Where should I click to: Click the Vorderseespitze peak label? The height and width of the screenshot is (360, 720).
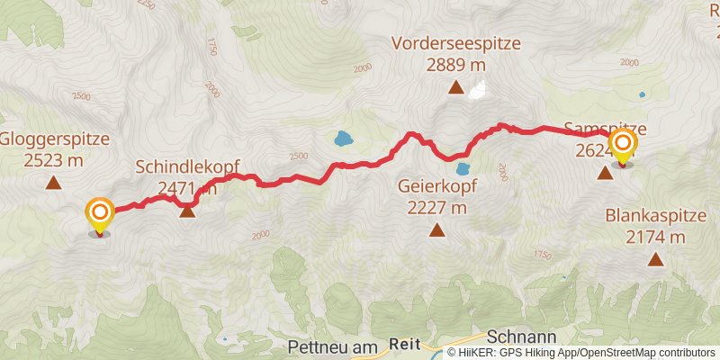click(456, 42)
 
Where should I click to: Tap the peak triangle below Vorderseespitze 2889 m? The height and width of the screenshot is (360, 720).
click(456, 88)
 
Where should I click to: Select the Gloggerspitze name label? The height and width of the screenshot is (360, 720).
click(54, 139)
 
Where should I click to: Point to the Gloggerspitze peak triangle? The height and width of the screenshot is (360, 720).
click(54, 184)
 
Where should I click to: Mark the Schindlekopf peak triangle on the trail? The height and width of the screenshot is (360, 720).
click(187, 211)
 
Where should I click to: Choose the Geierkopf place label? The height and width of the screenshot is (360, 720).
click(436, 186)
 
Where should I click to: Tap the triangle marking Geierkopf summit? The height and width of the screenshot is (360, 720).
click(436, 230)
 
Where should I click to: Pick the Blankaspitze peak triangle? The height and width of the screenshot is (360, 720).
click(655, 260)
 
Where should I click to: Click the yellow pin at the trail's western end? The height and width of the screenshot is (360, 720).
click(99, 216)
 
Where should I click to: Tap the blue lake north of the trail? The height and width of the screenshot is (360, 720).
click(343, 139)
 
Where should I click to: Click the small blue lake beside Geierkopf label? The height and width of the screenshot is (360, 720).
click(463, 168)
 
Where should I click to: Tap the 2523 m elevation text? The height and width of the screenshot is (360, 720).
click(54, 161)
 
